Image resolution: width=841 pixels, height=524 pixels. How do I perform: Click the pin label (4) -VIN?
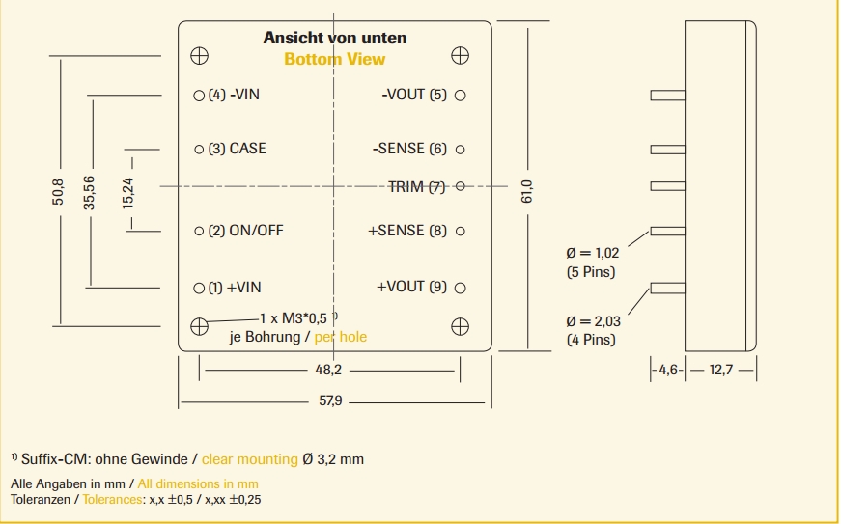pos(234,95)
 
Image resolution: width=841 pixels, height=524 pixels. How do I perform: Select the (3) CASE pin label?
pos(237,149)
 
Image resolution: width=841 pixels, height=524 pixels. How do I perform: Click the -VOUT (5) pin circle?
pos(461,95)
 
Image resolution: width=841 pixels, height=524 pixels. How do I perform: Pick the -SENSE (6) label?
pos(410,149)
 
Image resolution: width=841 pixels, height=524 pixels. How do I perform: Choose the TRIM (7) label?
pos(417,186)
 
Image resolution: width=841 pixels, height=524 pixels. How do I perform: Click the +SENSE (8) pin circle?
pos(461,231)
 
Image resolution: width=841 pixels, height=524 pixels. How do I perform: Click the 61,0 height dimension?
pos(527,189)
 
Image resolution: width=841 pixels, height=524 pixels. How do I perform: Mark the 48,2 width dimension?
pos(328,370)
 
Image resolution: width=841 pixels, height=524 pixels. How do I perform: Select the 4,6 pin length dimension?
pos(669,370)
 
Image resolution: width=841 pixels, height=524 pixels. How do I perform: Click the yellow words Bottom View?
pos(334,59)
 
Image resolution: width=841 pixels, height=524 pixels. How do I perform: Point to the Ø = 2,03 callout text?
pos(592,322)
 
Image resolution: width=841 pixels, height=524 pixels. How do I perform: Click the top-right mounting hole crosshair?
pos(460,55)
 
